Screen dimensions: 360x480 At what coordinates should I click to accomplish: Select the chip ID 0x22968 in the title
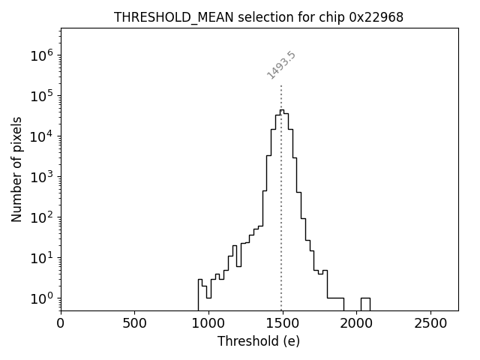pyautogui.click(x=376, y=17)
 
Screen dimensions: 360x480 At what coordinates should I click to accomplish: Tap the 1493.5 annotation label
pyautogui.click(x=282, y=65)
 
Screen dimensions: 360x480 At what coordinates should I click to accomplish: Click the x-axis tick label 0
pyautogui.click(x=61, y=324)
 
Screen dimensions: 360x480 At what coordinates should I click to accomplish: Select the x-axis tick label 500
pyautogui.click(x=134, y=324)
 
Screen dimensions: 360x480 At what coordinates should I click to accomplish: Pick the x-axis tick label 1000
pyautogui.click(x=208, y=324)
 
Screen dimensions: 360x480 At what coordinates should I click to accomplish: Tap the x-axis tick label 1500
pyautogui.click(x=282, y=324)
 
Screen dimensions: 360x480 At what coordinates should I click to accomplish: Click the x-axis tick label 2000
pyautogui.click(x=356, y=324)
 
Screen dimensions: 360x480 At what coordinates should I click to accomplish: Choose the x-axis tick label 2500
pyautogui.click(x=430, y=324)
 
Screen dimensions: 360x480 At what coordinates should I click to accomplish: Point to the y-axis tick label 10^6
pyautogui.click(x=42, y=55)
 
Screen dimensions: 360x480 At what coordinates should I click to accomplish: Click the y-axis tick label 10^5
pyautogui.click(x=42, y=96)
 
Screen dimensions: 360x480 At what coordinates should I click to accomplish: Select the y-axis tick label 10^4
pyautogui.click(x=42, y=136)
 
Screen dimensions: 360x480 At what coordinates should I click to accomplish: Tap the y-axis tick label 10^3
pyautogui.click(x=42, y=177)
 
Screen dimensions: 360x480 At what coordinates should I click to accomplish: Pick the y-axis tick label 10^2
pyautogui.click(x=42, y=217)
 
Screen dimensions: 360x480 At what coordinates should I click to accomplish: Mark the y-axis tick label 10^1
pyautogui.click(x=42, y=258)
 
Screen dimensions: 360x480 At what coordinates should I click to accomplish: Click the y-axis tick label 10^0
pyautogui.click(x=42, y=298)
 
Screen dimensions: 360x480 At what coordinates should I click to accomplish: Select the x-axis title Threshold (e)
pyautogui.click(x=259, y=341)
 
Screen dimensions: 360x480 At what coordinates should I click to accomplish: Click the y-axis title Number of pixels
pyautogui.click(x=16, y=169)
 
